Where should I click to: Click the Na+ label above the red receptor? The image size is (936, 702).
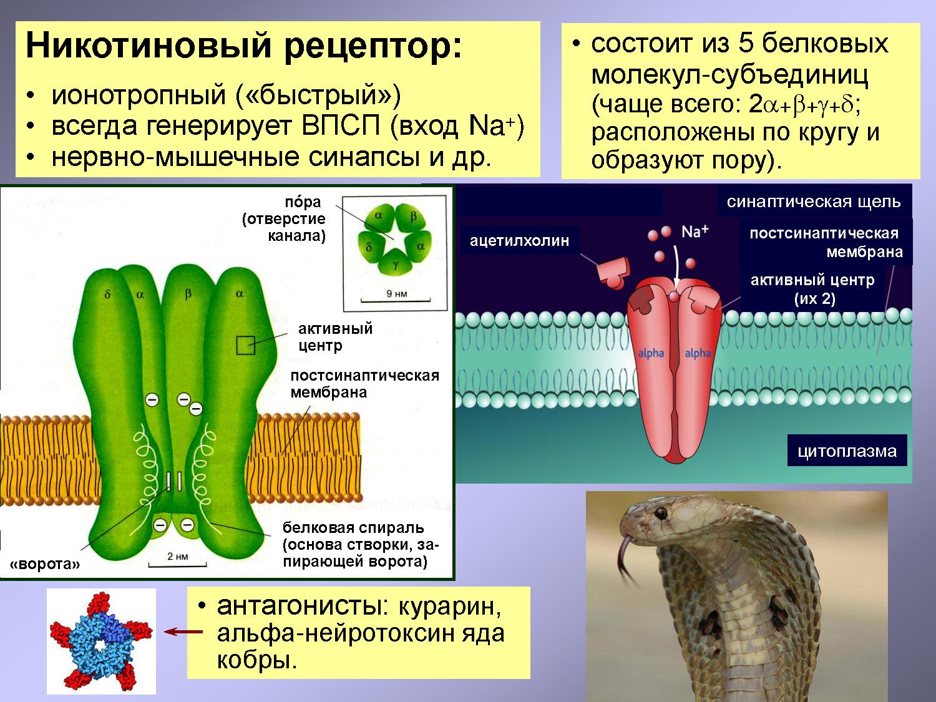pos(695,232)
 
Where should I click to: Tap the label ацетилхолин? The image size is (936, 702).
pos(519,241)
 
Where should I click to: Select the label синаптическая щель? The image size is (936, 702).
pos(814,202)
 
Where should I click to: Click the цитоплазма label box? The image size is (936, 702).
pos(847,451)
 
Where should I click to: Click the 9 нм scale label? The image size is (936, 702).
pos(397,294)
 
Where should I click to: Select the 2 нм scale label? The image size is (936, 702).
pos(177,556)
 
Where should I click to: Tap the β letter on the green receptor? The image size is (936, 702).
pos(188,294)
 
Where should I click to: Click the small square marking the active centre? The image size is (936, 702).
pos(246,345)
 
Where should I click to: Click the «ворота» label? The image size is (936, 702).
pos(45,565)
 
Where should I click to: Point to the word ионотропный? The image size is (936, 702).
pos(139,95)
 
